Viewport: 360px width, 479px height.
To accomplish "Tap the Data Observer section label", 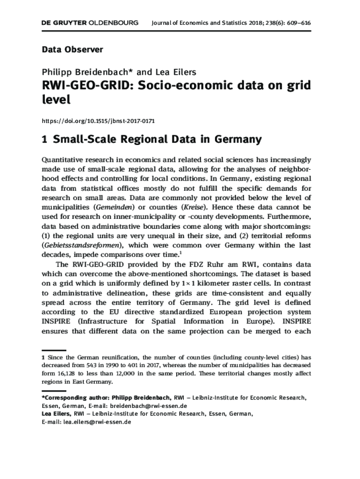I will click(x=72, y=49).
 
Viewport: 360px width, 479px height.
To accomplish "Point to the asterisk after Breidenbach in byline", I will click(x=132, y=71).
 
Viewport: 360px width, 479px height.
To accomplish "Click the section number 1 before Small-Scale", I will click(x=45, y=139).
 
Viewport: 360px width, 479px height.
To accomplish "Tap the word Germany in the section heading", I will click(x=238, y=139).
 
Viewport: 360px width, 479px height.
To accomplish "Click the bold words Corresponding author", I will click(x=70, y=398).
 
